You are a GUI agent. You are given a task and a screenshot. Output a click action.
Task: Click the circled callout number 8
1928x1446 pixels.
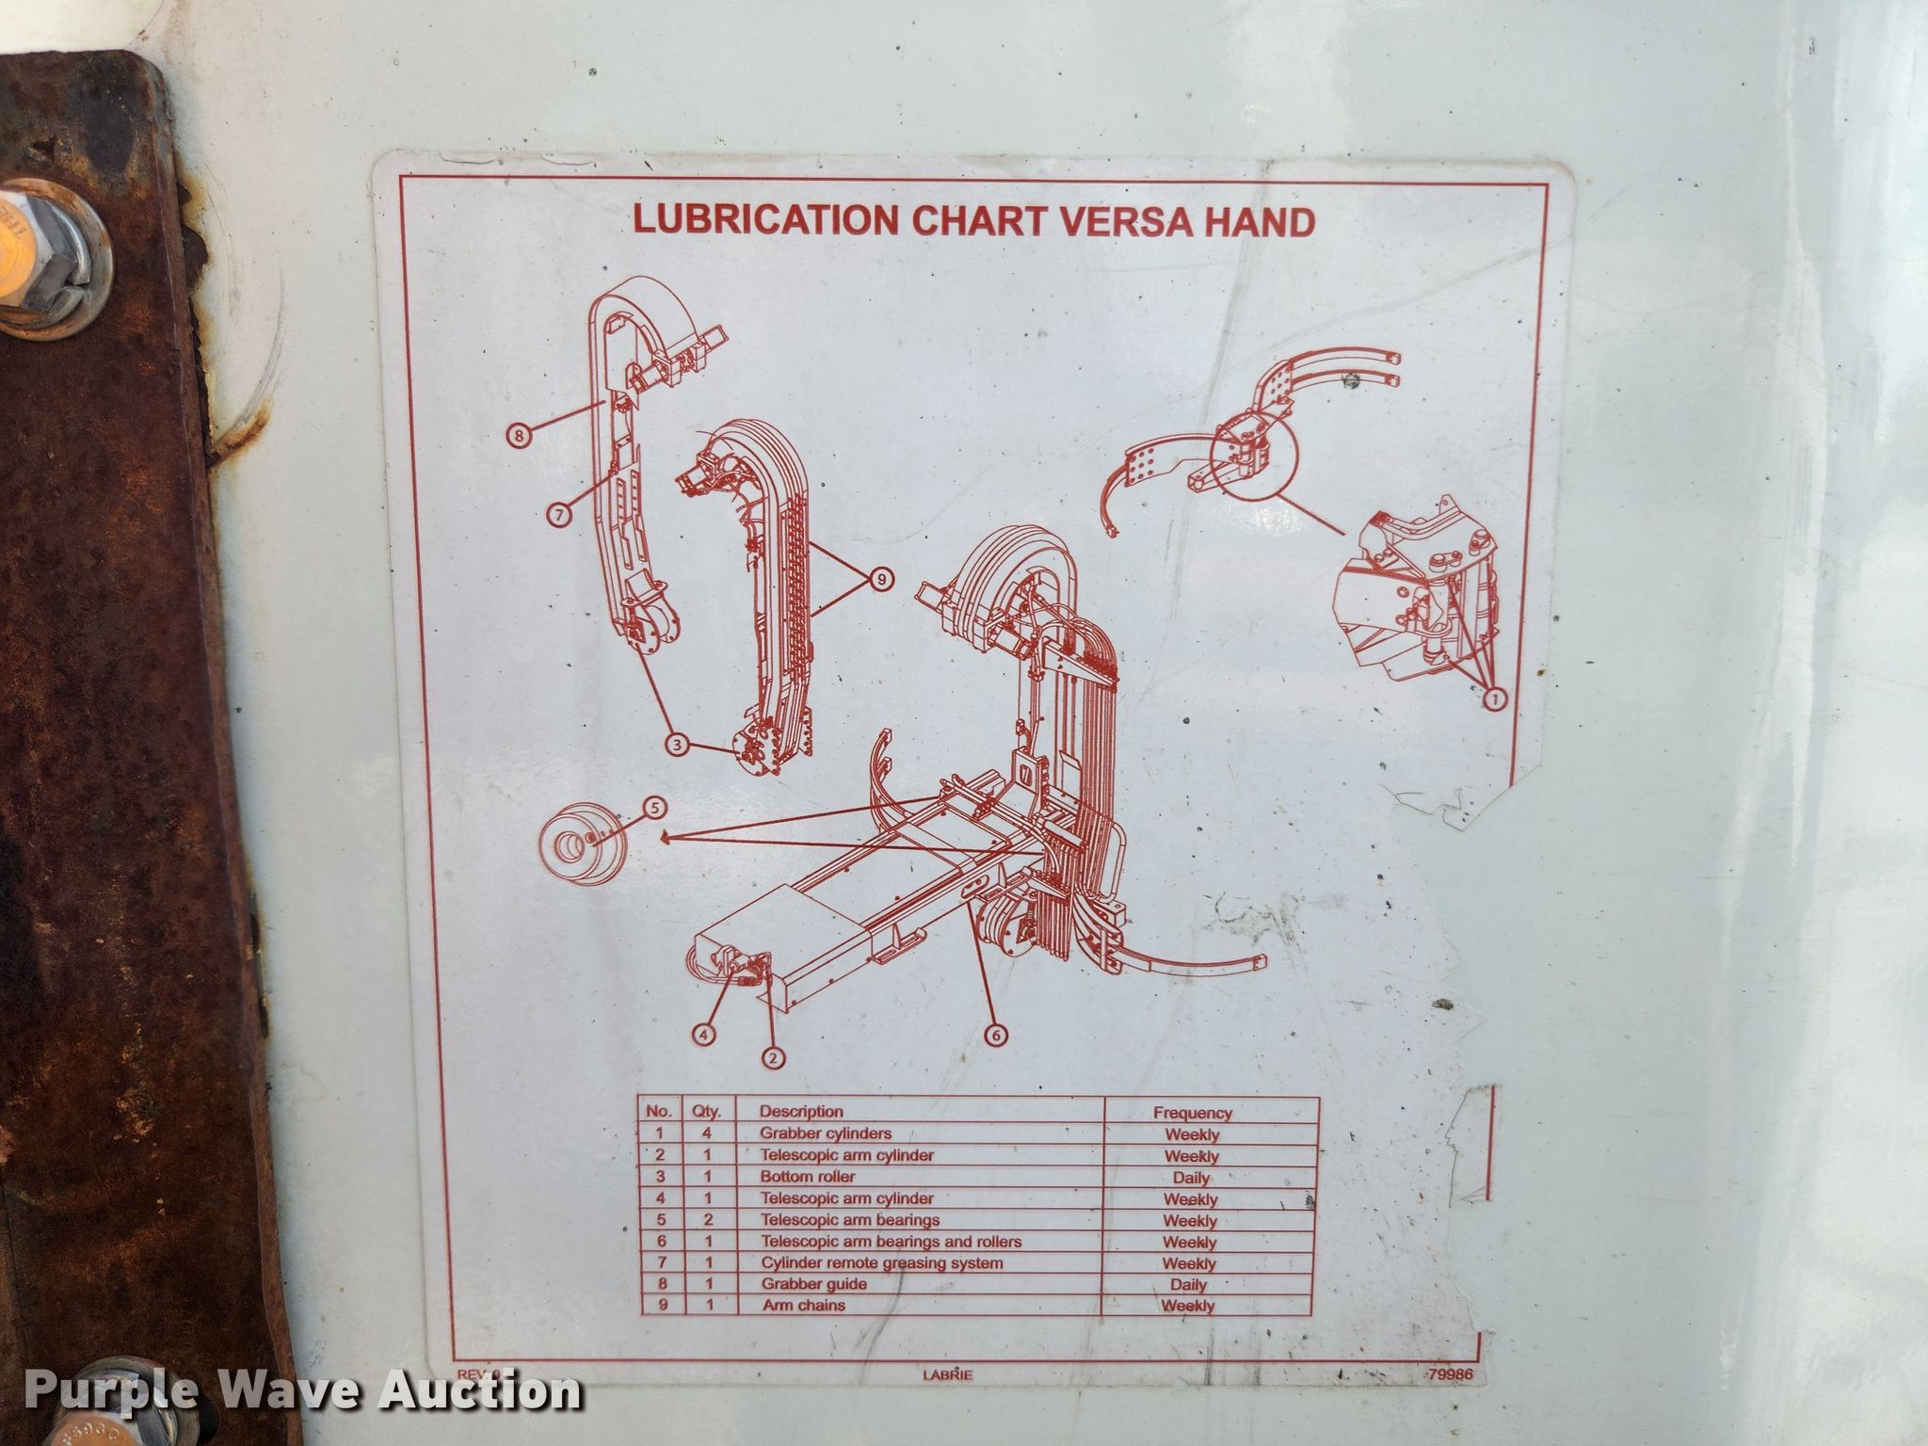pyautogui.click(x=518, y=435)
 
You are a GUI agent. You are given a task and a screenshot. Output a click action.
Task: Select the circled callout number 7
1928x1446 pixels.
pyautogui.click(x=559, y=514)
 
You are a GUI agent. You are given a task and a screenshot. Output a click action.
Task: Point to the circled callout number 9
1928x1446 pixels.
pyautogui.click(x=880, y=580)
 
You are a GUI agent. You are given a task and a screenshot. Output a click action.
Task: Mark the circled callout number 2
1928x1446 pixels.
pyautogui.click(x=773, y=1058)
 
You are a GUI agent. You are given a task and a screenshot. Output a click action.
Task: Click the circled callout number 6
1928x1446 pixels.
pyautogui.click(x=996, y=1036)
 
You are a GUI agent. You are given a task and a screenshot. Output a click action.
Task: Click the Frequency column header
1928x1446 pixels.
pyautogui.click(x=1192, y=1113)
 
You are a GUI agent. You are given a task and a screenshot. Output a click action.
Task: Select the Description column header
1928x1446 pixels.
pyautogui.click(x=801, y=1112)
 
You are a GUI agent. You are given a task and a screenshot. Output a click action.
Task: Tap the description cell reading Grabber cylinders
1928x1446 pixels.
pyautogui.click(x=826, y=1133)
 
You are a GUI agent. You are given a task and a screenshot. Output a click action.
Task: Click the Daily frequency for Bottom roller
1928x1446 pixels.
pyautogui.click(x=1191, y=1178)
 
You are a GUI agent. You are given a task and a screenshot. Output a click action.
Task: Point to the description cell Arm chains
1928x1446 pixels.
pyautogui.click(x=804, y=1305)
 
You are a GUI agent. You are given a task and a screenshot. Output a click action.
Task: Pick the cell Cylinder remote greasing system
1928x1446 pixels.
pyautogui.click(x=882, y=1263)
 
